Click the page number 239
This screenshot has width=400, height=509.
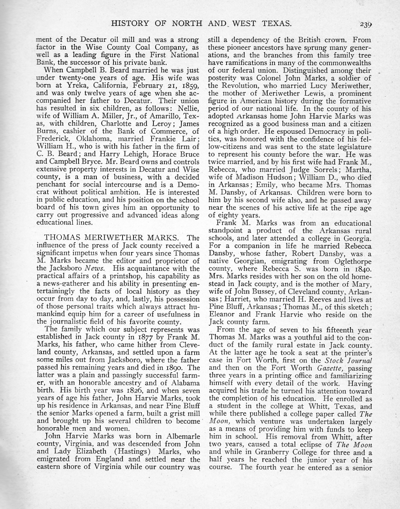[x=365, y=24]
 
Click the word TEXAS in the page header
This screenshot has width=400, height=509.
[x=276, y=24]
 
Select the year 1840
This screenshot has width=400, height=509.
[x=363, y=269]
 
